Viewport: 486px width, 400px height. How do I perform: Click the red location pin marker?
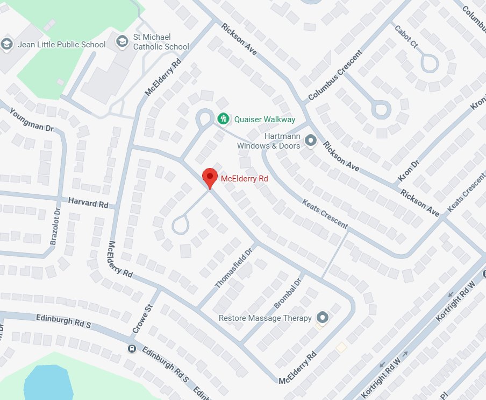click(209, 177)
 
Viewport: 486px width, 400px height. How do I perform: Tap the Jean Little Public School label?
click(61, 44)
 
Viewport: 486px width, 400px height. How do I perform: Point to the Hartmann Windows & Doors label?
click(269, 141)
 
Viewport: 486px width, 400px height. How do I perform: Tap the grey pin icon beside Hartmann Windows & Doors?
click(310, 141)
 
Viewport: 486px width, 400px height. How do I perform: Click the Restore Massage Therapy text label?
click(265, 318)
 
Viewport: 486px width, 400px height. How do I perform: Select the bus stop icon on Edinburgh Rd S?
click(131, 348)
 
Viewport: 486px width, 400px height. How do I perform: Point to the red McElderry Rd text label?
click(245, 178)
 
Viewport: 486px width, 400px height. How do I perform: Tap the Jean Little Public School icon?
click(7, 44)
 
